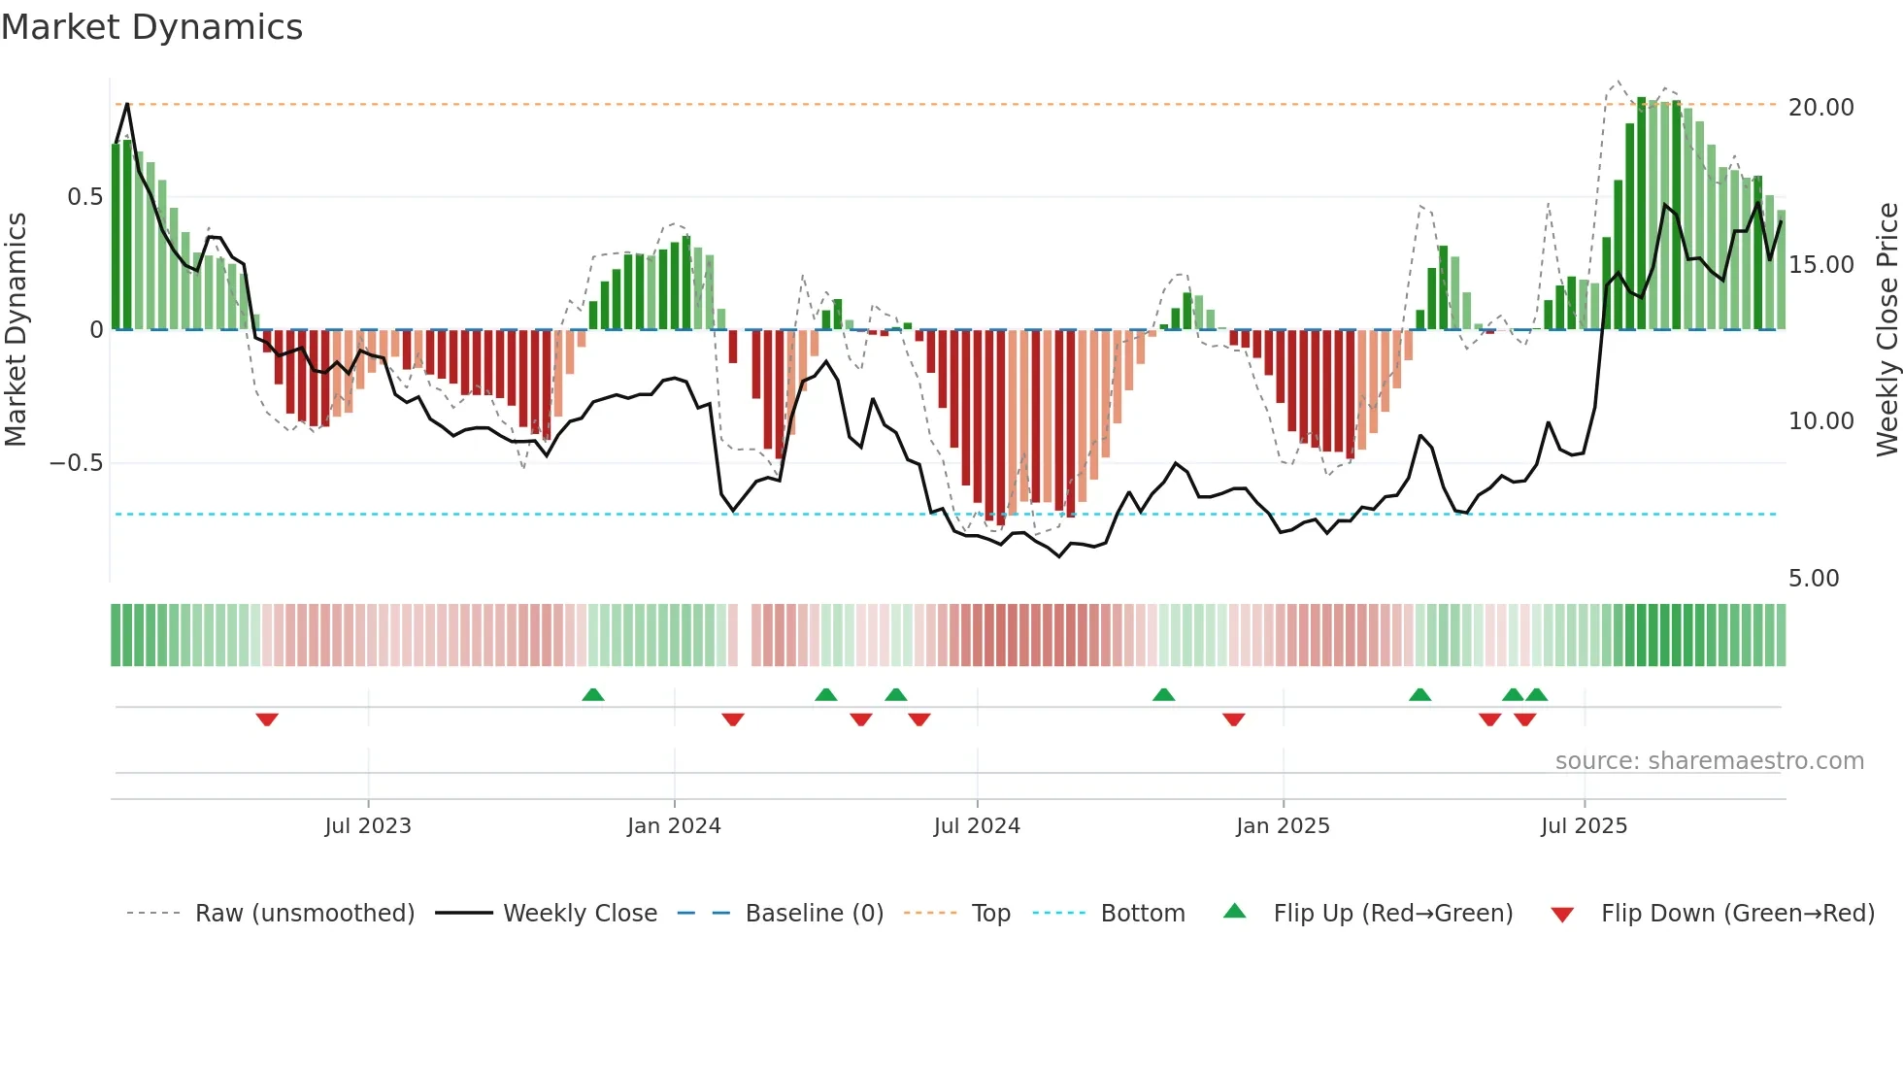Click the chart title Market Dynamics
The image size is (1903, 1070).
click(x=151, y=27)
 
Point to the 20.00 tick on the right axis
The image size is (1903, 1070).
click(x=1820, y=107)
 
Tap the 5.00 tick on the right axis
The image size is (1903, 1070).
click(x=1813, y=579)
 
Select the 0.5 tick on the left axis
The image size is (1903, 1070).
click(x=84, y=197)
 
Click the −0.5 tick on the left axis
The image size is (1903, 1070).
click(x=76, y=463)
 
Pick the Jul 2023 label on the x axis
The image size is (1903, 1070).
click(x=368, y=826)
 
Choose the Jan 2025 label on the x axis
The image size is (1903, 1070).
click(x=1283, y=826)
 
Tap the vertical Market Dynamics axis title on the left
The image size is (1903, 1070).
click(x=16, y=330)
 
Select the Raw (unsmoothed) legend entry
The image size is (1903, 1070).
click(x=304, y=914)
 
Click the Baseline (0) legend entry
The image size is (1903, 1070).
click(x=814, y=914)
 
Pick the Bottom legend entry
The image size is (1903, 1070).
click(x=1142, y=914)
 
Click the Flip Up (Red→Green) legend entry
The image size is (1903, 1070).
click(x=1392, y=914)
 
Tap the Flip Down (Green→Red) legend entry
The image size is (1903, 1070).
click(x=1737, y=914)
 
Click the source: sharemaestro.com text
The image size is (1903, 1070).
click(x=1709, y=761)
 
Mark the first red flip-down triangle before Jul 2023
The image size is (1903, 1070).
click(x=267, y=719)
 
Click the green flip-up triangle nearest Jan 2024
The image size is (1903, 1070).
click(x=593, y=694)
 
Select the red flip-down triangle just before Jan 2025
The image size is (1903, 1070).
click(x=1233, y=719)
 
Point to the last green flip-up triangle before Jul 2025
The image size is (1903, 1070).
click(x=1536, y=694)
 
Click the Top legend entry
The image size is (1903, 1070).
click(x=990, y=914)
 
